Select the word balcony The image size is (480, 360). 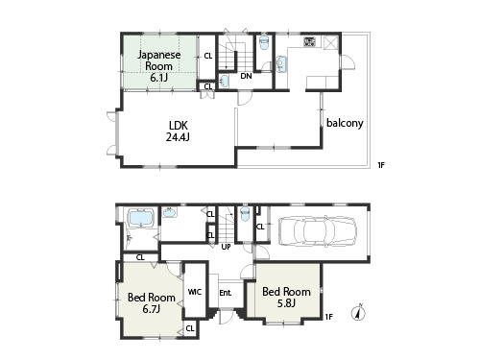(x=344, y=123)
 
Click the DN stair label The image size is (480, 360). (x=246, y=76)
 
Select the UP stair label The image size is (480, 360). (x=227, y=247)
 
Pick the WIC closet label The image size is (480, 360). (x=195, y=293)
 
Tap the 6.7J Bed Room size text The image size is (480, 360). (x=151, y=310)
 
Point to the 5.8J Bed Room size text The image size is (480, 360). (x=285, y=304)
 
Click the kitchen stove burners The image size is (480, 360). (x=310, y=42)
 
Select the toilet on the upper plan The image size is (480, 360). (x=264, y=42)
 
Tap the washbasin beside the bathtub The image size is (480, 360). (x=169, y=213)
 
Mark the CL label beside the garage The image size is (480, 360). (x=259, y=228)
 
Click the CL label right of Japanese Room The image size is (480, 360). (x=208, y=57)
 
